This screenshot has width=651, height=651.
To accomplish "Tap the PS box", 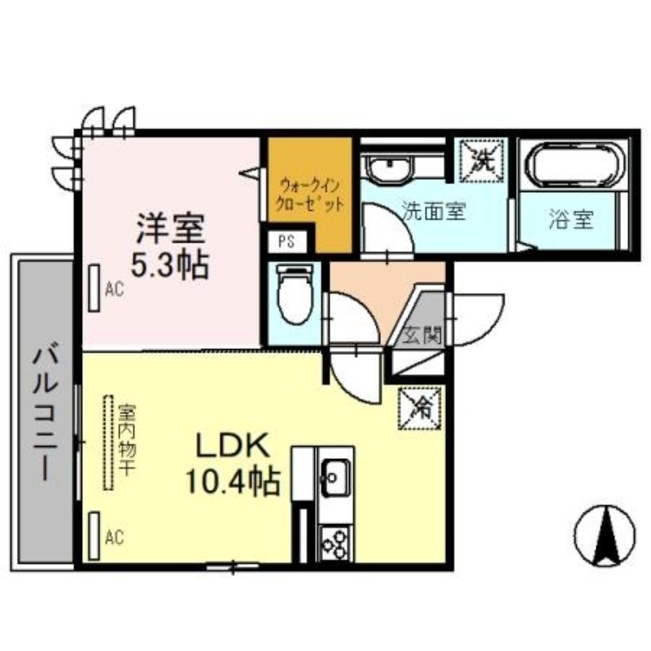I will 286,242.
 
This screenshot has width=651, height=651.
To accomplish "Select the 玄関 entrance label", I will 422,334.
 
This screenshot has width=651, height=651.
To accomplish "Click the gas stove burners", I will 334,542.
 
